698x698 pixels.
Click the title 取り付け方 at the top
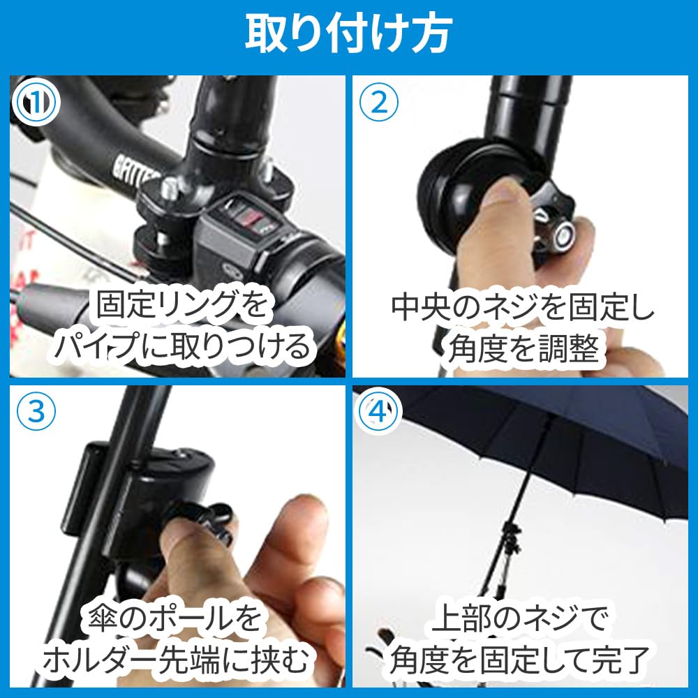click(x=348, y=31)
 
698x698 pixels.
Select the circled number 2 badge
click(x=378, y=103)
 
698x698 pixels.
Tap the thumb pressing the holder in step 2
click(x=503, y=209)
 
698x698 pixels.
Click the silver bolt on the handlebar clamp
click(x=168, y=188)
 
